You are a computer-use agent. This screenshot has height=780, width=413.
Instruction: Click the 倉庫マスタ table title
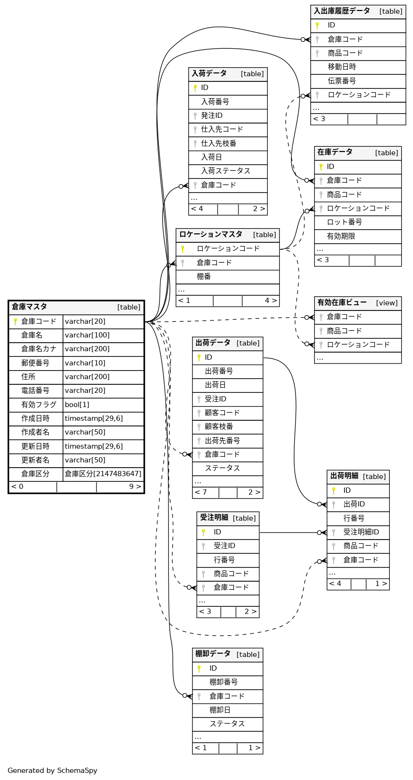[29, 307]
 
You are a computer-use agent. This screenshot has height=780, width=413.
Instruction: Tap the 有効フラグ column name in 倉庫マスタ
[38, 405]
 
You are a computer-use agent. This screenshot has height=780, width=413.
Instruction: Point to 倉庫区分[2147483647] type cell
[103, 474]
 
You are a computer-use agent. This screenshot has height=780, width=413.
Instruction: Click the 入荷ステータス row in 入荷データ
[226, 171]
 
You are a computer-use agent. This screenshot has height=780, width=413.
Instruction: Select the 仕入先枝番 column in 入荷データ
[219, 143]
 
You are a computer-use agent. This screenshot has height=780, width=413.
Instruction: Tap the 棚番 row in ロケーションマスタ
[204, 276]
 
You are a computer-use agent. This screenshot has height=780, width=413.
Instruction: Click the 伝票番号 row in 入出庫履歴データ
[342, 81]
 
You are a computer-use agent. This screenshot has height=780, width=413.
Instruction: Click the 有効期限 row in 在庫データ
[341, 236]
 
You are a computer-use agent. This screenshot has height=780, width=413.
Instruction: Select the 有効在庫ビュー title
[342, 302]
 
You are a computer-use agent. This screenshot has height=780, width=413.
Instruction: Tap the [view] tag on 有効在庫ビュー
[387, 303]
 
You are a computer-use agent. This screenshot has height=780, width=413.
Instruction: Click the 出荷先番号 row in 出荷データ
[222, 441]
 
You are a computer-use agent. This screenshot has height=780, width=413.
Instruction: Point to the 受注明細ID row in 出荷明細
[361, 532]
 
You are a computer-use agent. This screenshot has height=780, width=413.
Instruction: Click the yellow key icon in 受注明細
[203, 532]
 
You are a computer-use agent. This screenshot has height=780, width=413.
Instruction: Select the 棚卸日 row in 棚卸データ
[220, 710]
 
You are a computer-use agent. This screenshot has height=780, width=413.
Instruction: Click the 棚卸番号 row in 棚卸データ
[223, 682]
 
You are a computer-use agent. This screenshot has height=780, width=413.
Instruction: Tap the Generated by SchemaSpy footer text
[53, 771]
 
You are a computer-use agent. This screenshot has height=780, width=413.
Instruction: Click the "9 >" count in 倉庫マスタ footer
[135, 487]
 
